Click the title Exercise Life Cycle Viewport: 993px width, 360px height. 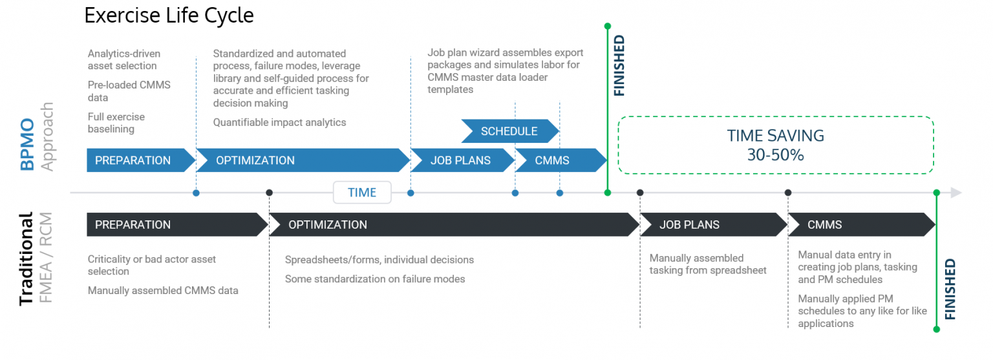point(169,15)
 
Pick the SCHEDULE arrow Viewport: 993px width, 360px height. point(509,131)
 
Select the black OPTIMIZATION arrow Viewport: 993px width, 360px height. point(453,225)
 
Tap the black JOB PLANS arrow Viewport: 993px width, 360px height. point(711,225)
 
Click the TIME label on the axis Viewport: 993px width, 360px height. point(362,193)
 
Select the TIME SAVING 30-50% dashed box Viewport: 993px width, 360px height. point(775,145)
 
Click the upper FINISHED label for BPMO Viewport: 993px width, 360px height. point(619,66)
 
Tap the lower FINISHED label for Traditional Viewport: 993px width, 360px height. point(950,290)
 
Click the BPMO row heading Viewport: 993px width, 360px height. point(27,143)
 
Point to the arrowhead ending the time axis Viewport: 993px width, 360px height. point(956,193)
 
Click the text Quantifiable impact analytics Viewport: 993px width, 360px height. point(279,123)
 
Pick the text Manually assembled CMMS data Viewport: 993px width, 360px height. point(163,291)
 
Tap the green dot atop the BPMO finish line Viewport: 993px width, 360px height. point(607,26)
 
